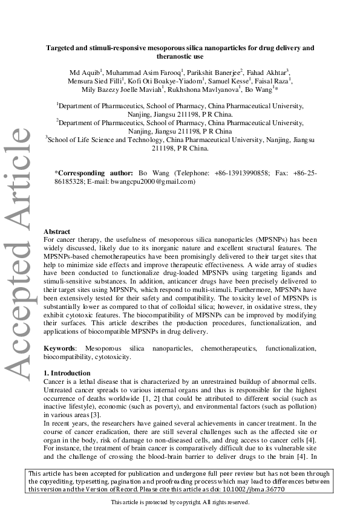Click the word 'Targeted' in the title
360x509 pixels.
62,47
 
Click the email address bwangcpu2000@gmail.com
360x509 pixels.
157,181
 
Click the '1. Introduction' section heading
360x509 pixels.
68,373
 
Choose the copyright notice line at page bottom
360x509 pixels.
180,502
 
